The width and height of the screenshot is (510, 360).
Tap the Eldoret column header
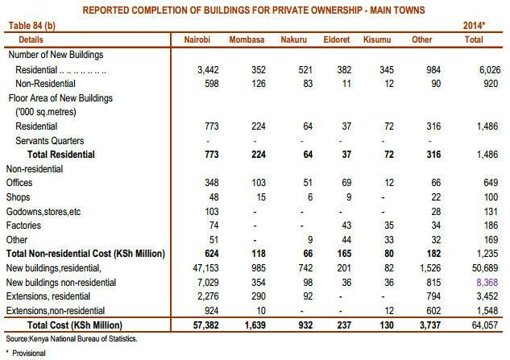click(x=343, y=38)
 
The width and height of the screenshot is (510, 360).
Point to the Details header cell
click(x=26, y=38)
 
